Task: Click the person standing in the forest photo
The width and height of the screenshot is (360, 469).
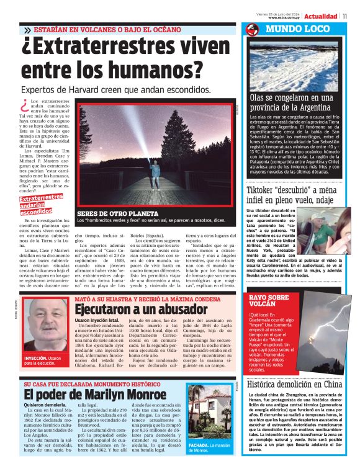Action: pyautogui.click(x=153, y=177)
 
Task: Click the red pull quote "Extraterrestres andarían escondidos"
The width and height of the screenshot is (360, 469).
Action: pyautogui.click(x=41, y=204)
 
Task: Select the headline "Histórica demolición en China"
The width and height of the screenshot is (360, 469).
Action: pyautogui.click(x=294, y=384)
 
